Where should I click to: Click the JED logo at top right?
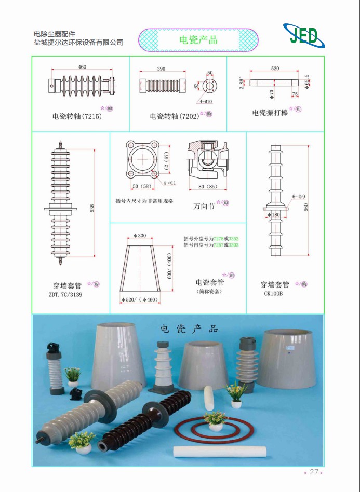click(x=304, y=36)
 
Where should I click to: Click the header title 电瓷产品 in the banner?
click(x=198, y=40)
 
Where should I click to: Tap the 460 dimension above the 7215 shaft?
click(x=82, y=67)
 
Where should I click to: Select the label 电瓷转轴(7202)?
click(x=175, y=116)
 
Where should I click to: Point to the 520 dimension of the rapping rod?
click(x=275, y=69)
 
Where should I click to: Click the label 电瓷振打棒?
click(x=270, y=112)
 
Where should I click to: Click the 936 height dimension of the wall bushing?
click(x=92, y=208)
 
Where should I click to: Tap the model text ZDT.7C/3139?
click(x=65, y=294)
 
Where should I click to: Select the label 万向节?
click(x=204, y=206)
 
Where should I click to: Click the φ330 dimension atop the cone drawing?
click(x=140, y=236)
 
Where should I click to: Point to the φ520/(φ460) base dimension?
click(x=140, y=299)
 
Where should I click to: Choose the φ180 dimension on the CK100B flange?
click(x=273, y=214)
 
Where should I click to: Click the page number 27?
click(x=313, y=472)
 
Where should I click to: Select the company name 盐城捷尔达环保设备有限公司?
click(x=78, y=43)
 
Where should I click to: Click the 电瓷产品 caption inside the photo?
click(x=189, y=329)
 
